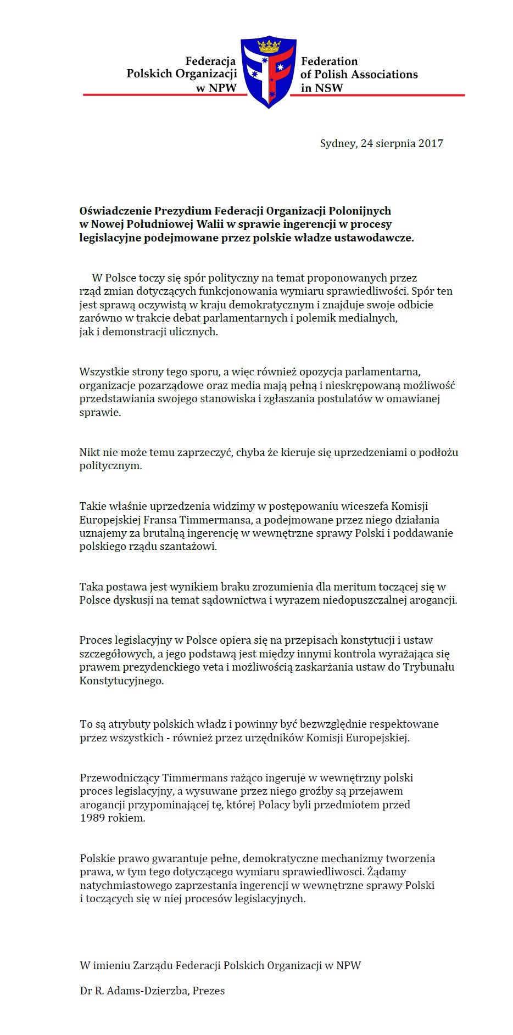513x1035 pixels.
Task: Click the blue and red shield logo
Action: pos(269,74)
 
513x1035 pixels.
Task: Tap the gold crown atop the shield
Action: pos(269,45)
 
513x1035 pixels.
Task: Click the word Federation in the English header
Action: pos(329,61)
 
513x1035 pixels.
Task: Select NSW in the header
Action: pos(329,88)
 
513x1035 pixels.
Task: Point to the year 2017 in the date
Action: pos(431,144)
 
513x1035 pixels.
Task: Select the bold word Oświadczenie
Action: pos(115,211)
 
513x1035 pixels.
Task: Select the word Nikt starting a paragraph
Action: pos(89,453)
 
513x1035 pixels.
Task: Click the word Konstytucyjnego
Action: pos(121,681)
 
